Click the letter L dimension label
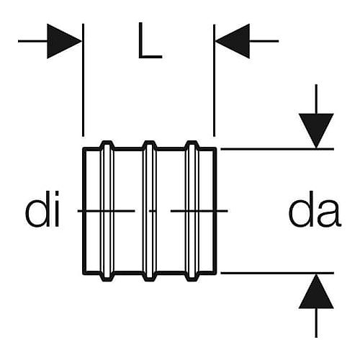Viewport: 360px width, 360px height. tap(150, 41)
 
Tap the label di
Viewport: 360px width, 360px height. tap(42, 209)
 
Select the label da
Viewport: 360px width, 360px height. tap(315, 209)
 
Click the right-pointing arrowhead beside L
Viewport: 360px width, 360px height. tap(64, 41)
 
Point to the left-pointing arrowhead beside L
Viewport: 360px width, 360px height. tap(233, 41)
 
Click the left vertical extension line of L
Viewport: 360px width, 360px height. tap(83, 80)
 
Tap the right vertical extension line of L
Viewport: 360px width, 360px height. tap(214, 80)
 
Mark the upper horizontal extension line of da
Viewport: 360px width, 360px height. tap(277, 149)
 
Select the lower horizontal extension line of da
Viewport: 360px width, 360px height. tap(277, 273)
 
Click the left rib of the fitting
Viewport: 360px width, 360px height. tap(107, 211)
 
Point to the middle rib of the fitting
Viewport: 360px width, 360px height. tap(150, 211)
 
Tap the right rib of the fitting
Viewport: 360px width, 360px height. tap(193, 211)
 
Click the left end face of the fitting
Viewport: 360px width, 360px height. tap(84, 211)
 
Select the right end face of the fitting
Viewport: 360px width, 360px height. tap(215, 211)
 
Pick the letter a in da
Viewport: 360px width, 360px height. tap(329, 214)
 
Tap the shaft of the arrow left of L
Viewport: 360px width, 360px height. tap(33, 41)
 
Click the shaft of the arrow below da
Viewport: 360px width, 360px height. tap(316, 323)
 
